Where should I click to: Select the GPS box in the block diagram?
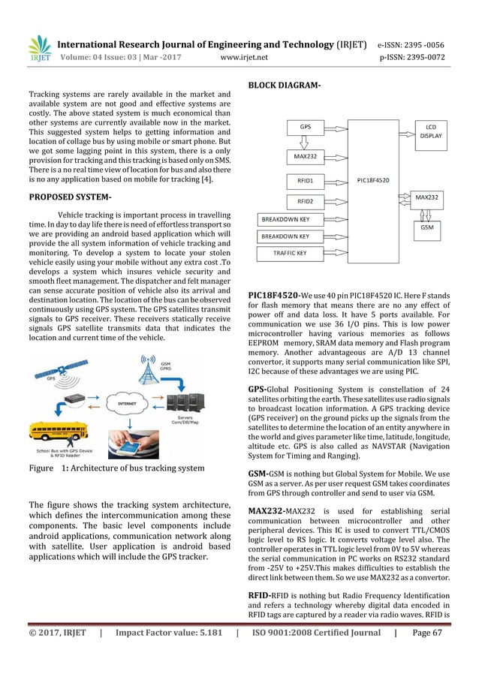click(x=306, y=128)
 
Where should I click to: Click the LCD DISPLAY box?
click(x=430, y=131)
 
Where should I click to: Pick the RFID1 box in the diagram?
click(x=306, y=180)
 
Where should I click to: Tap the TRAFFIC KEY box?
click(x=290, y=254)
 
